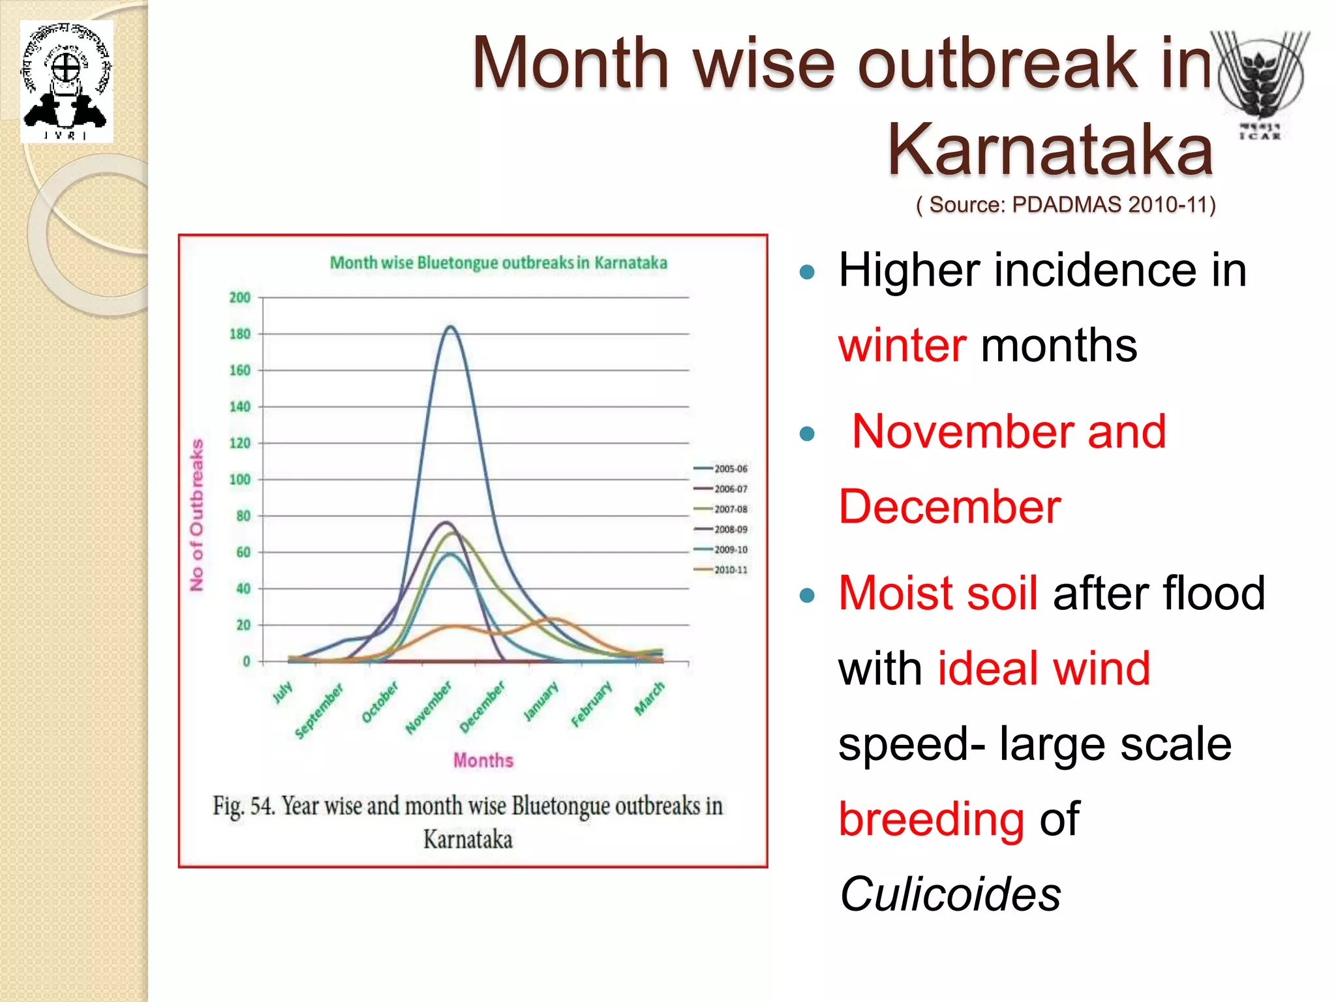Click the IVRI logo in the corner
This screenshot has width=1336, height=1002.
point(67,82)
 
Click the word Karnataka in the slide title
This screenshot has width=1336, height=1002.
point(1050,149)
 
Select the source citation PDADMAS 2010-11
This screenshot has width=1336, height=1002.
point(1066,205)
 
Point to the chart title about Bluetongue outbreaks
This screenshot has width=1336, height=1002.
point(498,263)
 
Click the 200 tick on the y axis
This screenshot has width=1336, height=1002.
point(240,297)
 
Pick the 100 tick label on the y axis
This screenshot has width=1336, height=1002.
point(240,479)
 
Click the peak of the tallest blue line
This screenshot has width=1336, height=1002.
point(450,327)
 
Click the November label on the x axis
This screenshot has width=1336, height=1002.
point(429,708)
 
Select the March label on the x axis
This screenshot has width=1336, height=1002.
point(650,698)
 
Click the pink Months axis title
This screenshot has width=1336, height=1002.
point(483,761)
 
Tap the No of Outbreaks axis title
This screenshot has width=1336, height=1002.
point(196,515)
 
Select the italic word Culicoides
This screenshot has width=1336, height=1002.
point(950,894)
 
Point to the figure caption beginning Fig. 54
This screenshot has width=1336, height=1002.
point(468,822)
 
